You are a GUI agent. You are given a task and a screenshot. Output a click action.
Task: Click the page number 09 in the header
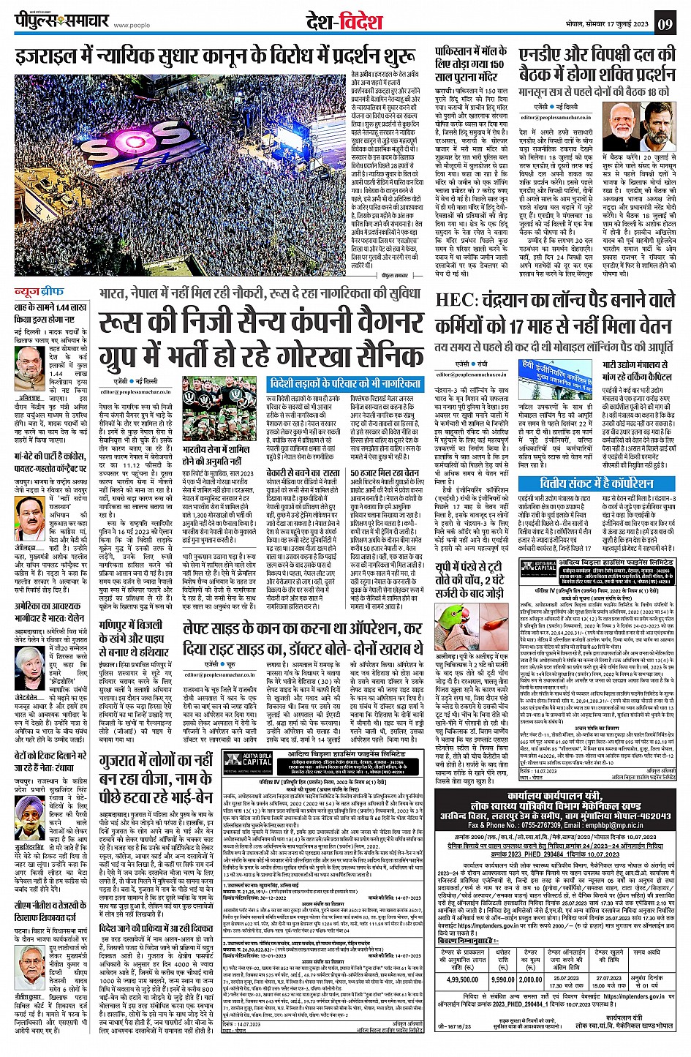point(664,24)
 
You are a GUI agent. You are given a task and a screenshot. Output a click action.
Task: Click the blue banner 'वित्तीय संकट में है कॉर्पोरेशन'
point(586,484)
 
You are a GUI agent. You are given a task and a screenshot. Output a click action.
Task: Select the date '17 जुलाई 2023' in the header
point(624,24)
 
